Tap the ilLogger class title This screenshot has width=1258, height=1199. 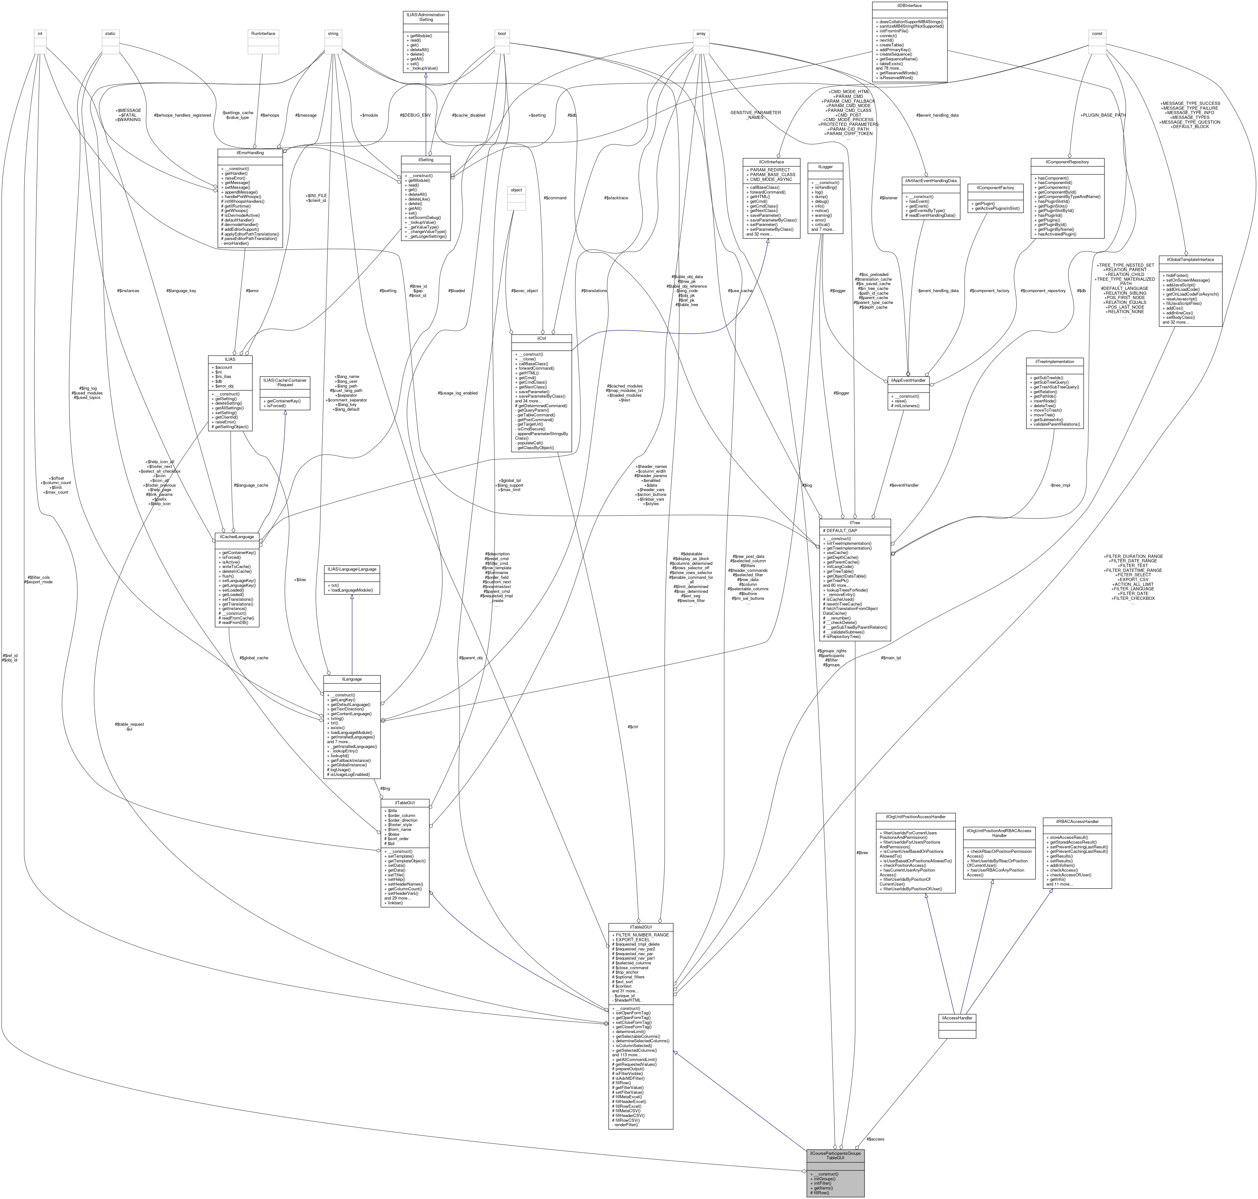pyautogui.click(x=825, y=166)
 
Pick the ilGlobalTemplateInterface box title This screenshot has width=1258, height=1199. pyautogui.click(x=1190, y=259)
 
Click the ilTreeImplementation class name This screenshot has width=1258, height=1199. pyautogui.click(x=1055, y=362)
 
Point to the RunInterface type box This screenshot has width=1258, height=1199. pyautogui.click(x=263, y=33)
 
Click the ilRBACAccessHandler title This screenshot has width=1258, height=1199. pyautogui.click(x=1076, y=821)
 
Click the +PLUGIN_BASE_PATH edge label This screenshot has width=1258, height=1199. pyautogui.click(x=1103, y=115)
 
